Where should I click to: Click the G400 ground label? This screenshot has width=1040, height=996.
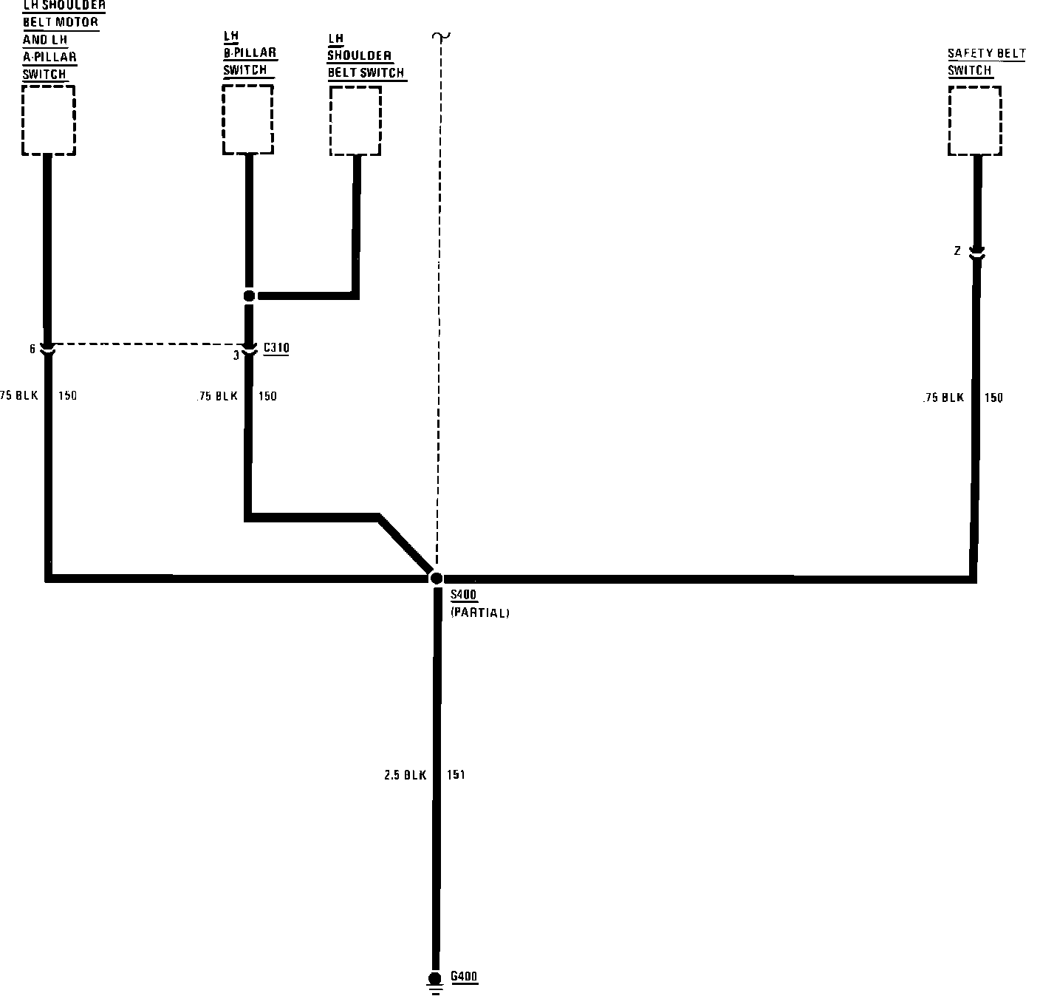(464, 976)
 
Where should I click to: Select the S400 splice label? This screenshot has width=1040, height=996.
(463, 596)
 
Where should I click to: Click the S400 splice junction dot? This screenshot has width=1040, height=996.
(437, 578)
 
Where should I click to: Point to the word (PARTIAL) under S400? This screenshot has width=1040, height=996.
(479, 613)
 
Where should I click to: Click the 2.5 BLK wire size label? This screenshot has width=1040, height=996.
(405, 775)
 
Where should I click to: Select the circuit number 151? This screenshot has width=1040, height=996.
(456, 775)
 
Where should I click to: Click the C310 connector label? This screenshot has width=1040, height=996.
(276, 347)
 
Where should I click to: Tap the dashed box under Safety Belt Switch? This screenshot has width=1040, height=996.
(974, 120)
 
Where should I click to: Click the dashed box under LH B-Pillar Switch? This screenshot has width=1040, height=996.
(248, 119)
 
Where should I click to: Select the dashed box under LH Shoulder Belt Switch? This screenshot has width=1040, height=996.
(355, 120)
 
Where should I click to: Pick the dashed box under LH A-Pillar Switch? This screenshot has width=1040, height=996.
(49, 120)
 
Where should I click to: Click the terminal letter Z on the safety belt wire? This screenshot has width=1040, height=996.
(957, 251)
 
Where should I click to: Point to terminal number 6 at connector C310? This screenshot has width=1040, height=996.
(32, 349)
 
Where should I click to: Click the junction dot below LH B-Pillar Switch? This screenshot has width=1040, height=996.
(249, 296)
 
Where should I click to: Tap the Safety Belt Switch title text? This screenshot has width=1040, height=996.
(986, 62)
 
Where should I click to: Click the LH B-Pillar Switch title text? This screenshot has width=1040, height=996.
(250, 53)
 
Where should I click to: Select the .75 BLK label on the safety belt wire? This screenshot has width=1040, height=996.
(943, 398)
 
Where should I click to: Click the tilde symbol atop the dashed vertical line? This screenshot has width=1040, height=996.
(442, 36)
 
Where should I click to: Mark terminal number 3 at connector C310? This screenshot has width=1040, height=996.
(236, 355)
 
